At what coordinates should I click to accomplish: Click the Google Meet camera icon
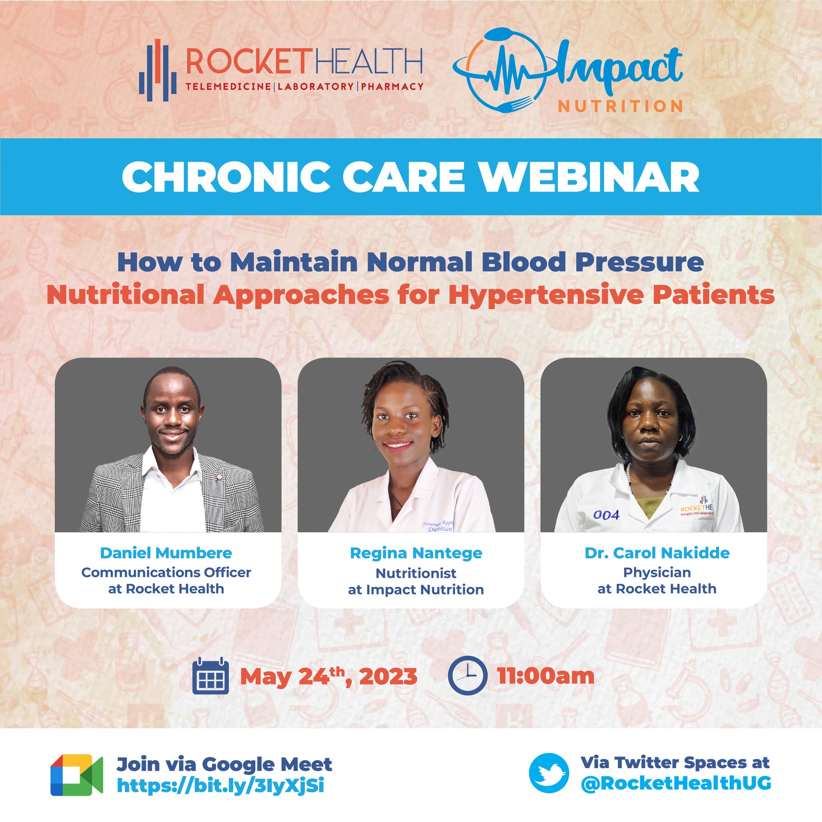pos(77,775)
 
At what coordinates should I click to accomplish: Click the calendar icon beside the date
pos(211,676)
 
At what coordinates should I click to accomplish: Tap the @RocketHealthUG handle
pos(676,784)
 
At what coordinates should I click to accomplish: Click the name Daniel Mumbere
pos(166,553)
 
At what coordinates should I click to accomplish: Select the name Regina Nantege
pos(416,553)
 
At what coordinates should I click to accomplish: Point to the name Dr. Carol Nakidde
pos(657,553)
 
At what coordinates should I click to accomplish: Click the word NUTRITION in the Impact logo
pos(621,106)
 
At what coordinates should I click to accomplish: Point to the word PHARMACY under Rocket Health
pos(392,87)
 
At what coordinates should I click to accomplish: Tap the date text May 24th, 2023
pos(328,676)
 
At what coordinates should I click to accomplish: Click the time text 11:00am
pos(546,676)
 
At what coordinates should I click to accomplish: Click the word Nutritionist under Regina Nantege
pos(416,573)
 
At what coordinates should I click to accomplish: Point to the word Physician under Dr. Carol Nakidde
pos(657,572)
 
